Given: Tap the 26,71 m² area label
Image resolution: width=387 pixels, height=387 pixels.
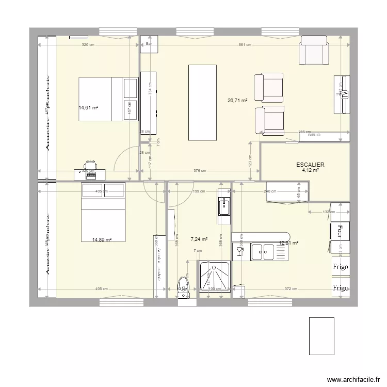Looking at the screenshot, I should (x=237, y=101).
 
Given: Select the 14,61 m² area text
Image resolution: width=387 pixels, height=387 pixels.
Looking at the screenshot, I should (x=88, y=108).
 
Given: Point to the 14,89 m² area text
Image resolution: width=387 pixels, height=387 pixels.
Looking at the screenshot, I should (x=102, y=239).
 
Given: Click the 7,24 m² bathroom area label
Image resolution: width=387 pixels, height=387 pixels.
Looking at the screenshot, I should (x=199, y=239).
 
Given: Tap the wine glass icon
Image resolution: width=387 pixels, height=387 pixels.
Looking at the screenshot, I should (x=239, y=251).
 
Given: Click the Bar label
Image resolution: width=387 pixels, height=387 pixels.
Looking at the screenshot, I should (x=149, y=44).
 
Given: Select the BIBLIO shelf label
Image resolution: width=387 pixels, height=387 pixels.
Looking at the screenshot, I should (x=314, y=135).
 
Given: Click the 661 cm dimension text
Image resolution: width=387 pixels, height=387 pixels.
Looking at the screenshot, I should (x=245, y=45).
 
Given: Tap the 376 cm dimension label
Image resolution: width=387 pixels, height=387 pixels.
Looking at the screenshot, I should (x=200, y=171).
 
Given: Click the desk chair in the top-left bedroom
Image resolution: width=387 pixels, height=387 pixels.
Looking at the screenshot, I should (x=91, y=164).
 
